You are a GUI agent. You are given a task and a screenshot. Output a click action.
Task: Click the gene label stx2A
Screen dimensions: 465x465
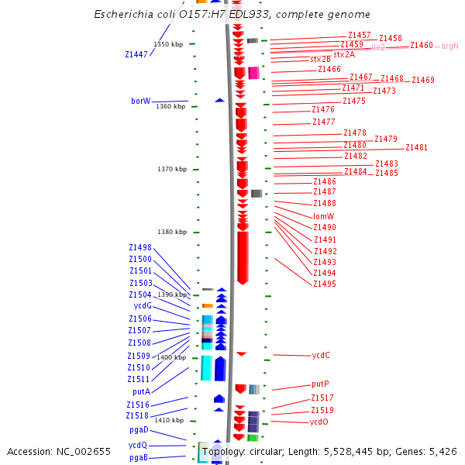(x=344, y=54)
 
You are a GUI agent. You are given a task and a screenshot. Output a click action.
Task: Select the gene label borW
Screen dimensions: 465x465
(x=140, y=101)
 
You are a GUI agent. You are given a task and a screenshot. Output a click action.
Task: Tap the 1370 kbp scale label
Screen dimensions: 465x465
(x=171, y=169)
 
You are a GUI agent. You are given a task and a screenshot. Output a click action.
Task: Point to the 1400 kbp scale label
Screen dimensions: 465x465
(x=171, y=357)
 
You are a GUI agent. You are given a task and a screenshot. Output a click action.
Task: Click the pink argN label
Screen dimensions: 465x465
(x=449, y=46)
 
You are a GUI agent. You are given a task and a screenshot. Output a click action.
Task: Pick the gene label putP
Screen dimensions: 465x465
(x=320, y=384)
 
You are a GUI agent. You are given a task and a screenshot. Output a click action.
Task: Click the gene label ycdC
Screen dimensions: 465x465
(x=321, y=355)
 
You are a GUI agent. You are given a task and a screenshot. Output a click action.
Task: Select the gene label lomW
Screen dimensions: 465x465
(x=324, y=216)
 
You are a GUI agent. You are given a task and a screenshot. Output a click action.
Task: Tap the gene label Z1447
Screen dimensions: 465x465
(x=136, y=54)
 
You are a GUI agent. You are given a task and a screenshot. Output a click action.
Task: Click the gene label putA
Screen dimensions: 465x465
(x=141, y=391)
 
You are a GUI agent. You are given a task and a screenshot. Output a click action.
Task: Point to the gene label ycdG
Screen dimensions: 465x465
(x=141, y=305)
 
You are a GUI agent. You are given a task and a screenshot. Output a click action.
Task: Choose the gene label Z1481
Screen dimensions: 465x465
(x=416, y=147)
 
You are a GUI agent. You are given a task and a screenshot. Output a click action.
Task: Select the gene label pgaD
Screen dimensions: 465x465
(x=139, y=429)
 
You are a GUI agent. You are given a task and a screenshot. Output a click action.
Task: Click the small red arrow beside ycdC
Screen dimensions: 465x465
(x=241, y=353)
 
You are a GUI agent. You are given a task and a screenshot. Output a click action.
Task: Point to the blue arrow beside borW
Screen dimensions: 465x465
(x=219, y=100)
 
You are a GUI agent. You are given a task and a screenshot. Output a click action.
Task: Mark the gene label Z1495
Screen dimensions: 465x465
(x=325, y=284)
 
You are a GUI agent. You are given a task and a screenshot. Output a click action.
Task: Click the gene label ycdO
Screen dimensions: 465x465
(x=319, y=422)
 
